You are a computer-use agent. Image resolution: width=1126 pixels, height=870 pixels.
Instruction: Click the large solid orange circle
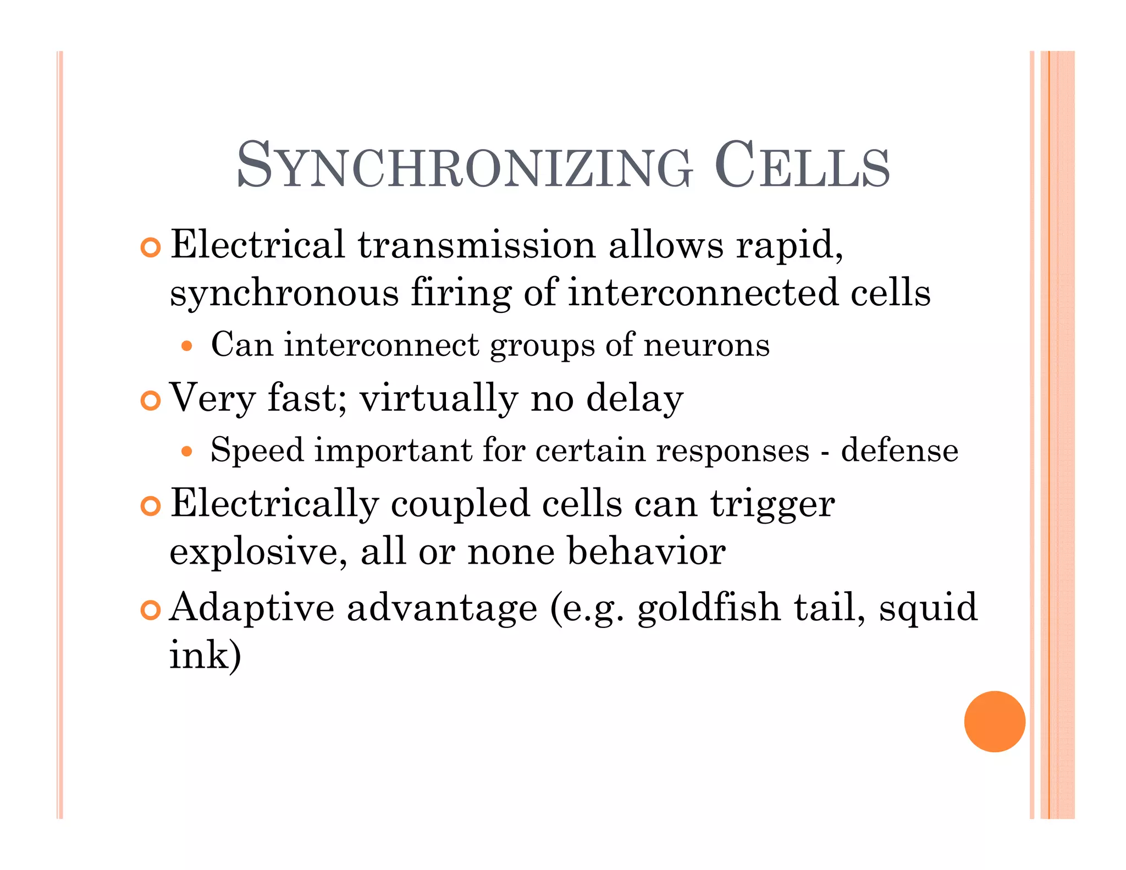994,721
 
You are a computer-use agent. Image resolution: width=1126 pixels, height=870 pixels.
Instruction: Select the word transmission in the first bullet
477,245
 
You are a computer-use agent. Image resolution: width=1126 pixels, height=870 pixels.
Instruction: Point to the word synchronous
284,293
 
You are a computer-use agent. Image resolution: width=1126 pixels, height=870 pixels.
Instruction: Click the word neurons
706,345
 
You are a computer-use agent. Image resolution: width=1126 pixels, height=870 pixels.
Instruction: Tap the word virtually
439,398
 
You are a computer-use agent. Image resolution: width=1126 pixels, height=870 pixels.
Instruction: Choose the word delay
634,398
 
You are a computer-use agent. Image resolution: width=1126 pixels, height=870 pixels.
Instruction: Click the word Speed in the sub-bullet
257,450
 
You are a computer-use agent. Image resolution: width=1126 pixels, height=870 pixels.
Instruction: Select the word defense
899,450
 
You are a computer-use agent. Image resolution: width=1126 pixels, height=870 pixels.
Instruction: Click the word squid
928,609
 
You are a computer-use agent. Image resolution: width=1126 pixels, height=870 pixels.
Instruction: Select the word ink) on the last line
205,655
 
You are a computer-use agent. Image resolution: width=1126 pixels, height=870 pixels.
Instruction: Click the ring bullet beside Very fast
150,400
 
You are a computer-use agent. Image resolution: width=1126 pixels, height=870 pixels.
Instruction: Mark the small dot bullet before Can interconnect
187,346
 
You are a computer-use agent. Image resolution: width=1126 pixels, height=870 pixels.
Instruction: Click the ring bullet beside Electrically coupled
150,506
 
